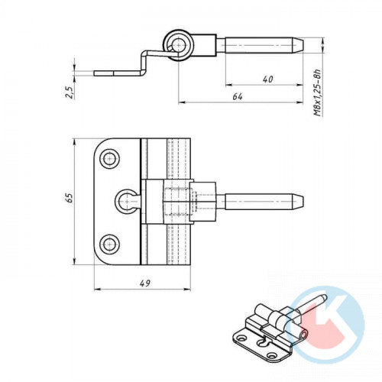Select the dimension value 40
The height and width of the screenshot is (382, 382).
(267, 79)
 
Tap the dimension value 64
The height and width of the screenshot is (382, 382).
(238, 97)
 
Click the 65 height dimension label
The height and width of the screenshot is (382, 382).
(70, 198)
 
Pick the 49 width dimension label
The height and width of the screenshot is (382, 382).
(145, 283)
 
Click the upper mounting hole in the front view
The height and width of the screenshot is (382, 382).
(109, 158)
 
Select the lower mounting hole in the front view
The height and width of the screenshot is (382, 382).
(109, 244)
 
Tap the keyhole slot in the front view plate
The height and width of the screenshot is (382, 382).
(127, 200)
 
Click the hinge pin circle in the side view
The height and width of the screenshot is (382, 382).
(180, 46)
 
